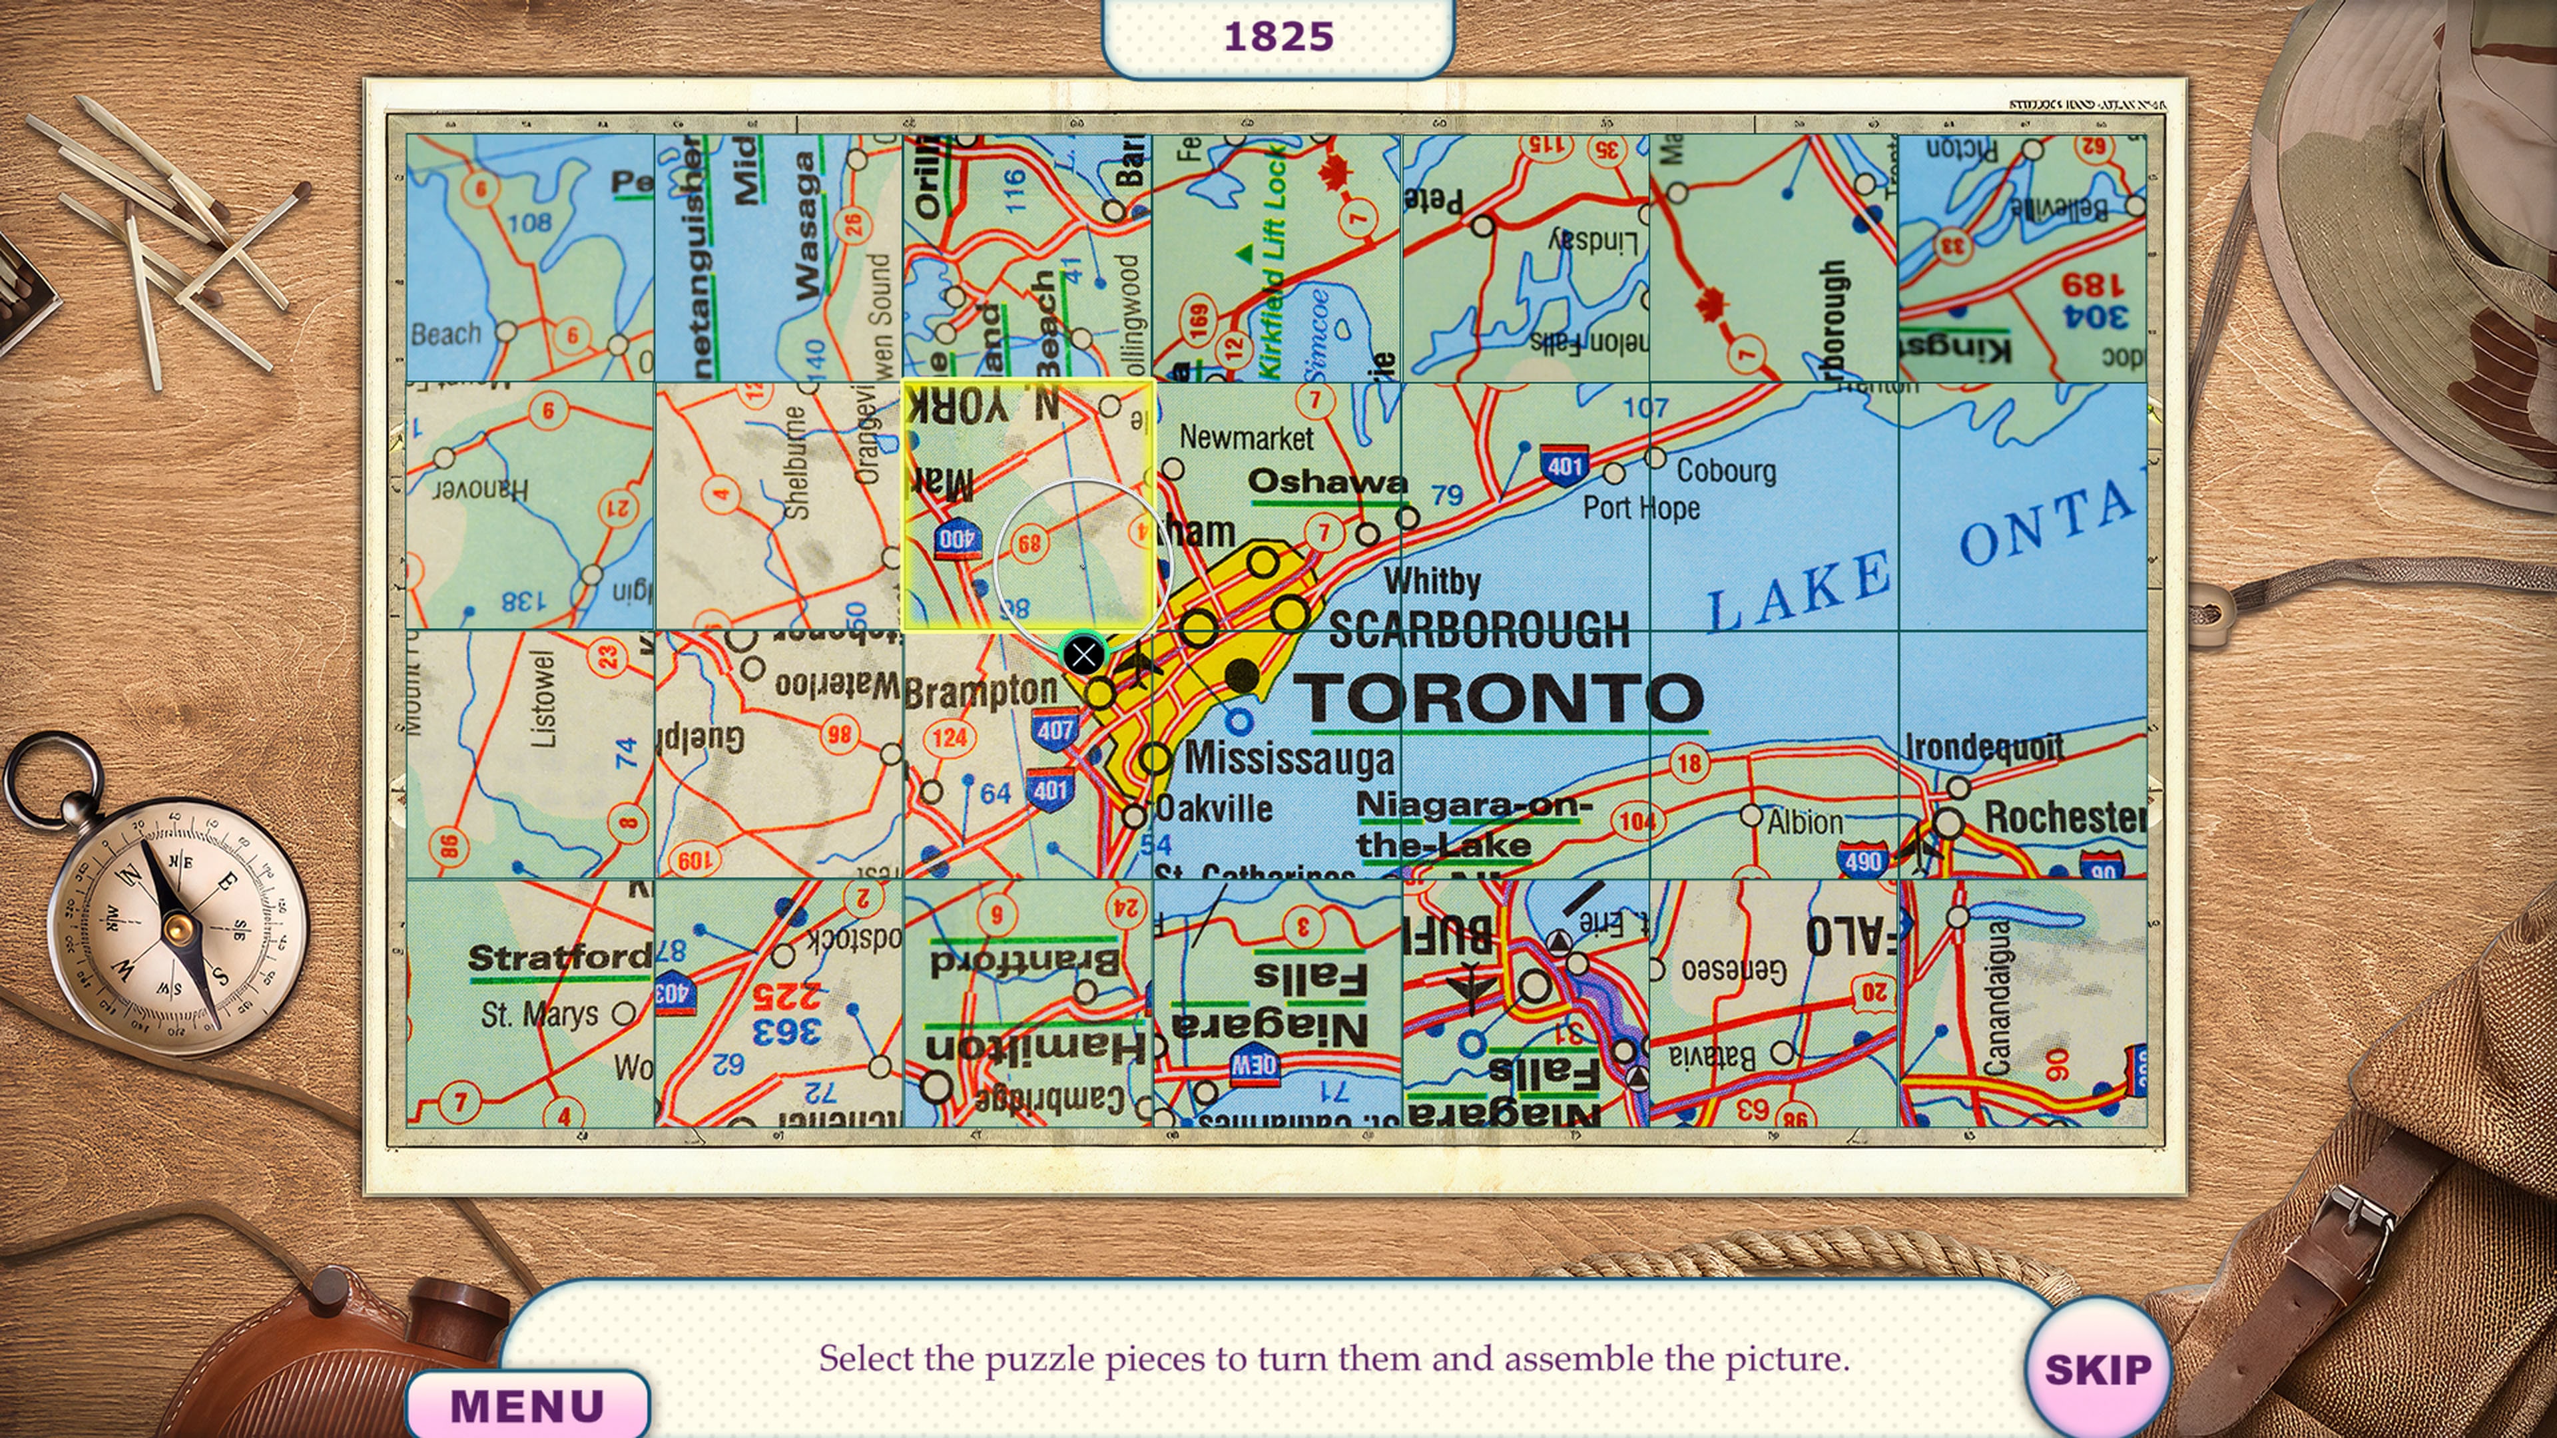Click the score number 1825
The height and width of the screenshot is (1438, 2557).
(x=1278, y=37)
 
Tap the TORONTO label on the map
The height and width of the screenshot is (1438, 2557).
(x=1499, y=698)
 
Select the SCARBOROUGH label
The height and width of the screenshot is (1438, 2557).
(x=1479, y=629)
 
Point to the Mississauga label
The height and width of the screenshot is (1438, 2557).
(x=1289, y=759)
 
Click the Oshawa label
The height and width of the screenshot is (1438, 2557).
(x=1327, y=482)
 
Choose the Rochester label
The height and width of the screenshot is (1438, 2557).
(x=2063, y=818)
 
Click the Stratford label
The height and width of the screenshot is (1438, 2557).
(x=559, y=958)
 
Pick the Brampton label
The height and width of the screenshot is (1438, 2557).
(x=981, y=691)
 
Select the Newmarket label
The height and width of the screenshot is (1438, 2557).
(x=1246, y=437)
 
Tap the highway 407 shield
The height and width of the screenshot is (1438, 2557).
(x=1053, y=730)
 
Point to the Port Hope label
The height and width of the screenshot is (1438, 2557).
(x=1641, y=508)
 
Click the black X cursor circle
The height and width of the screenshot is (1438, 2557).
(x=1083, y=655)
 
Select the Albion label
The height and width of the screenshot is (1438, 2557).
(x=1805, y=822)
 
